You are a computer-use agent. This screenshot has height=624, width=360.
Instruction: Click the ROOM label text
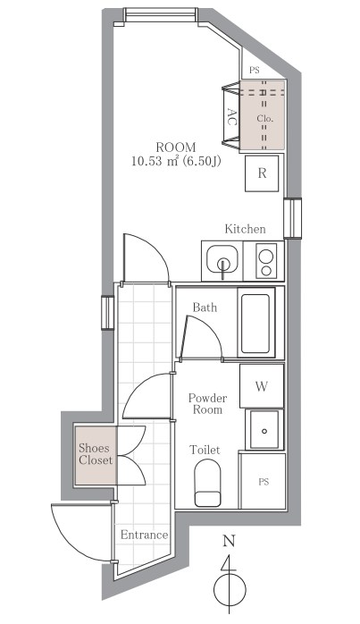[175, 148]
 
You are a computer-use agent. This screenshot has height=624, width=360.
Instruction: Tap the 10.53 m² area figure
[156, 161]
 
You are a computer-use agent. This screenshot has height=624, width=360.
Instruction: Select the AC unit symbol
[230, 116]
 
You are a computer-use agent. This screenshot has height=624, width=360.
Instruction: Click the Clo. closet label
[264, 119]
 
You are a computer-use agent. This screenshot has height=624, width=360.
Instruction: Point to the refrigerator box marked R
[262, 173]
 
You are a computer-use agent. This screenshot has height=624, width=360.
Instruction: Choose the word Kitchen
[245, 229]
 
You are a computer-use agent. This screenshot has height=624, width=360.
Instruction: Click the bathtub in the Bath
[255, 323]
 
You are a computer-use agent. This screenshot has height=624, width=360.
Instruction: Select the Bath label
[205, 308]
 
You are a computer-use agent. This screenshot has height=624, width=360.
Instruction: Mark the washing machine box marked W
[262, 386]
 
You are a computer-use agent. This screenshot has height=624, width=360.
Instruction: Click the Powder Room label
[207, 404]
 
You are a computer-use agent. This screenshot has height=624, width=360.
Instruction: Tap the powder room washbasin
[264, 429]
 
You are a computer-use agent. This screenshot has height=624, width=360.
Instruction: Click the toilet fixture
[207, 483]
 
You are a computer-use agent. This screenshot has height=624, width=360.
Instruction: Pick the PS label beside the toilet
[264, 482]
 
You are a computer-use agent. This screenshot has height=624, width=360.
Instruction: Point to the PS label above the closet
[255, 71]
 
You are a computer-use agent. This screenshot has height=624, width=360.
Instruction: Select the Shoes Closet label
[96, 454]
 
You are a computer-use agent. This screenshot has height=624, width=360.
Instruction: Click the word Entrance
[144, 535]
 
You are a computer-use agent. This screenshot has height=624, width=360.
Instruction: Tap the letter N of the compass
[229, 541]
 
